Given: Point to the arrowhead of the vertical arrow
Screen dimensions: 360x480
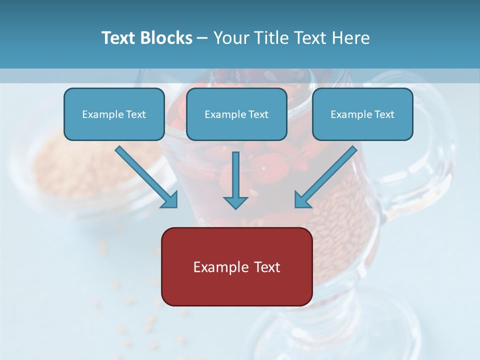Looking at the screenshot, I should (x=235, y=202).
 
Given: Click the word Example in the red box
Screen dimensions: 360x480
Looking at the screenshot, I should (x=220, y=267).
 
